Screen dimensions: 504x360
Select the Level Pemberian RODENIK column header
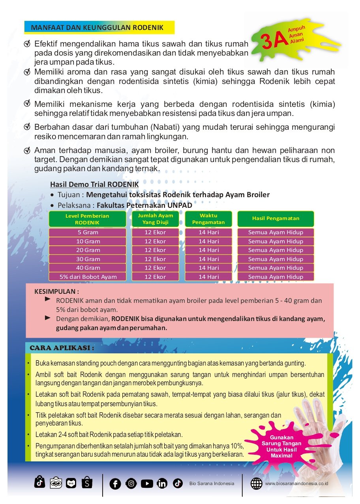pos(87,219)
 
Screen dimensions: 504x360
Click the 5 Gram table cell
pos(88,232)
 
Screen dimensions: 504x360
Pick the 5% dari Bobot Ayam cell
pos(88,276)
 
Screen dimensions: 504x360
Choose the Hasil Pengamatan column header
pos(276,218)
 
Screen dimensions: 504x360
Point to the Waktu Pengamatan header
pos(208,219)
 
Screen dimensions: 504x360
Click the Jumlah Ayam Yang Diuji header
pos(156,219)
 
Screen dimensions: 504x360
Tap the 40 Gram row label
pos(88,268)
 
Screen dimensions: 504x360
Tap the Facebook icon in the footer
pos(115,483)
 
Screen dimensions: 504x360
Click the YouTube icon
pos(147,483)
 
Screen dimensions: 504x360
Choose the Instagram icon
pos(131,483)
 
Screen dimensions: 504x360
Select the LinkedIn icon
pos(162,483)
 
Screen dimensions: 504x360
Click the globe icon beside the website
pos(257,483)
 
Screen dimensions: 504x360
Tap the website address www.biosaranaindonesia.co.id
pos(297,483)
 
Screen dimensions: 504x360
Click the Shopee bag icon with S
pos(87,482)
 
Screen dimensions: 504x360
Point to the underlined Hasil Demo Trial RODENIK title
pos(94,185)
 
